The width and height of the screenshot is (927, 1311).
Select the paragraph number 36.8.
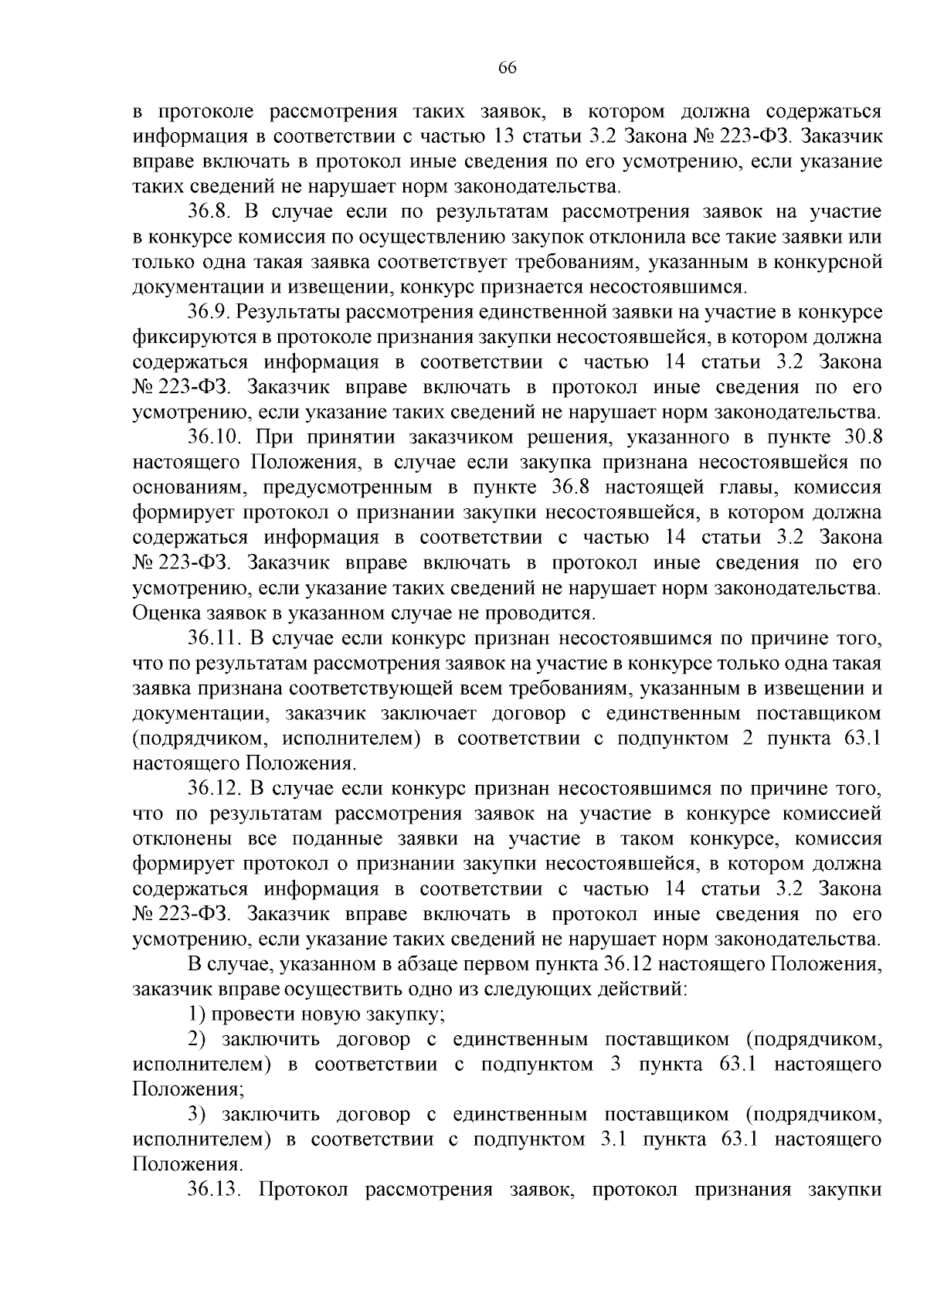point(212,212)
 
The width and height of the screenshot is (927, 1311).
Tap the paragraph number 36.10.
point(216,437)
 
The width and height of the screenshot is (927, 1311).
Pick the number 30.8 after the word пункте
point(862,437)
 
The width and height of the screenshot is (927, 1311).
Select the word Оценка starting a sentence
point(165,613)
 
